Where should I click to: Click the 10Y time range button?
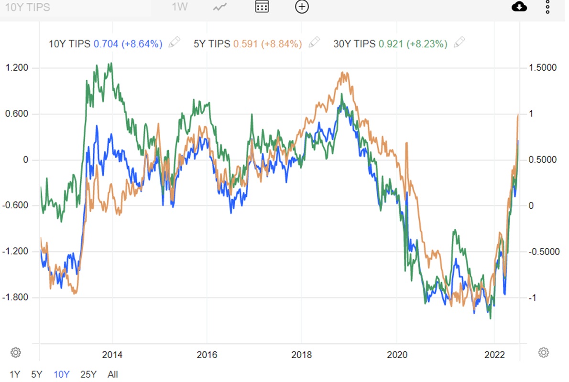(x=61, y=374)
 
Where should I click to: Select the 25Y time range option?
(x=88, y=374)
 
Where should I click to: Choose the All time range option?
(x=112, y=374)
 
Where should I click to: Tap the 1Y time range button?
(x=15, y=374)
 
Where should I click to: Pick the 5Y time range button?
(x=37, y=374)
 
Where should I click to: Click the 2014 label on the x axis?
(x=112, y=354)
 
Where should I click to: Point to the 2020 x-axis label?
(x=397, y=354)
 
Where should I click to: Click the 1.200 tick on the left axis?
(x=17, y=68)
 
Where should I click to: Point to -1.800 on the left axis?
(x=15, y=297)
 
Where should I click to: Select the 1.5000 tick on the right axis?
(x=543, y=68)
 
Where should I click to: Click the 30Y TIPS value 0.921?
(x=391, y=44)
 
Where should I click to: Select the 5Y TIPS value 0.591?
(x=245, y=44)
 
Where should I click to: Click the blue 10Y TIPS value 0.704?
(x=106, y=44)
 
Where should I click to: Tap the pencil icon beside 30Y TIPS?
(x=460, y=42)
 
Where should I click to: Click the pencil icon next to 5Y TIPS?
(x=314, y=42)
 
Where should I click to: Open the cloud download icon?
(x=519, y=7)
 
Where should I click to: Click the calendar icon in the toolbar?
(x=262, y=7)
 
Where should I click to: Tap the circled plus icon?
(x=302, y=7)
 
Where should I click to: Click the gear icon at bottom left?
(x=16, y=352)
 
